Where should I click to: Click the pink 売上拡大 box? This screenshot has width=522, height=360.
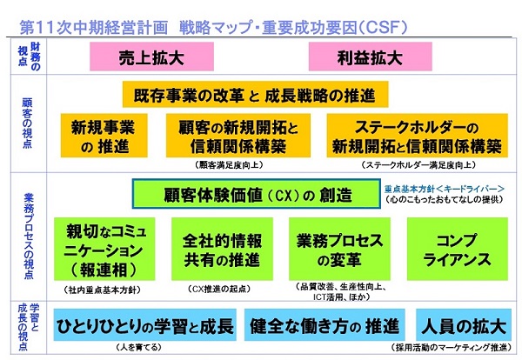(x=151, y=57)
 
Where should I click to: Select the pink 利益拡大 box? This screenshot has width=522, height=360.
(x=371, y=57)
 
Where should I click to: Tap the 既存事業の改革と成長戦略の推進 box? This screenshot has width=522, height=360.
(x=255, y=95)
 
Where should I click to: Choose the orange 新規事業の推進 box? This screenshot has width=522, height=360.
(x=104, y=136)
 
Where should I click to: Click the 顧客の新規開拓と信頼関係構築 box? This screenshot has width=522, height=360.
(x=238, y=136)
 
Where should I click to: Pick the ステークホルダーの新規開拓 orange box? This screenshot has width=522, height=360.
(x=417, y=136)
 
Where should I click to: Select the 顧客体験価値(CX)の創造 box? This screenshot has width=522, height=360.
(x=257, y=194)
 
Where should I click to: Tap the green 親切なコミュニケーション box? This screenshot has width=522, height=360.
(x=104, y=249)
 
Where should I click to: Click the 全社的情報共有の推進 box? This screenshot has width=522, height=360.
(x=222, y=249)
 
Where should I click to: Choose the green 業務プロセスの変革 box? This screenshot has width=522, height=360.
(x=339, y=249)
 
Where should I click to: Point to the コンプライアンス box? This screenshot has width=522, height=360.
(x=458, y=249)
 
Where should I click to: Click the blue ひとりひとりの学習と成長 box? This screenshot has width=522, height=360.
(x=144, y=324)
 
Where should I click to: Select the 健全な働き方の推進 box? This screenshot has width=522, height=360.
(x=325, y=324)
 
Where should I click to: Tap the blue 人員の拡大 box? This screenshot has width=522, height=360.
(x=464, y=324)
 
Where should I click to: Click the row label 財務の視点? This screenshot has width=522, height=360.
(x=29, y=57)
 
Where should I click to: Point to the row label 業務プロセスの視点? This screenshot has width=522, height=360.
(x=29, y=236)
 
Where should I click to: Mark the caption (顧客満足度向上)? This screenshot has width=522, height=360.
(x=229, y=165)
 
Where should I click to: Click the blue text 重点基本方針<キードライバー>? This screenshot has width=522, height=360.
(x=444, y=189)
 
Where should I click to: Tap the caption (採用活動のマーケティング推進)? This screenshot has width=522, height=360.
(x=451, y=347)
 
